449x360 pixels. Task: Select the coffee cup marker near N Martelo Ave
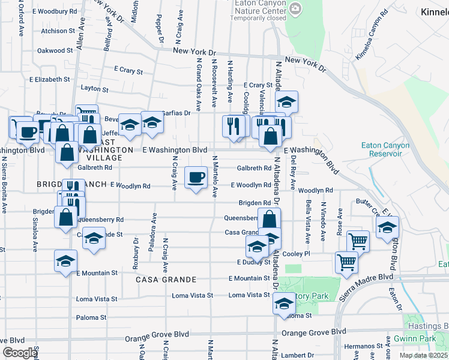pos(195,178)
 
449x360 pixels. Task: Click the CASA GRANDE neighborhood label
pos(166,280)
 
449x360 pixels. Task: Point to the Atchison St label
pos(58,31)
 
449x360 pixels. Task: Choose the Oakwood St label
pos(55,50)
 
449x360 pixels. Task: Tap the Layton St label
pos(94,89)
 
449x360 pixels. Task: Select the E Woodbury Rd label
pos(55,11)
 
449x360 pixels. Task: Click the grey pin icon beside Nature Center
pos(295,8)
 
